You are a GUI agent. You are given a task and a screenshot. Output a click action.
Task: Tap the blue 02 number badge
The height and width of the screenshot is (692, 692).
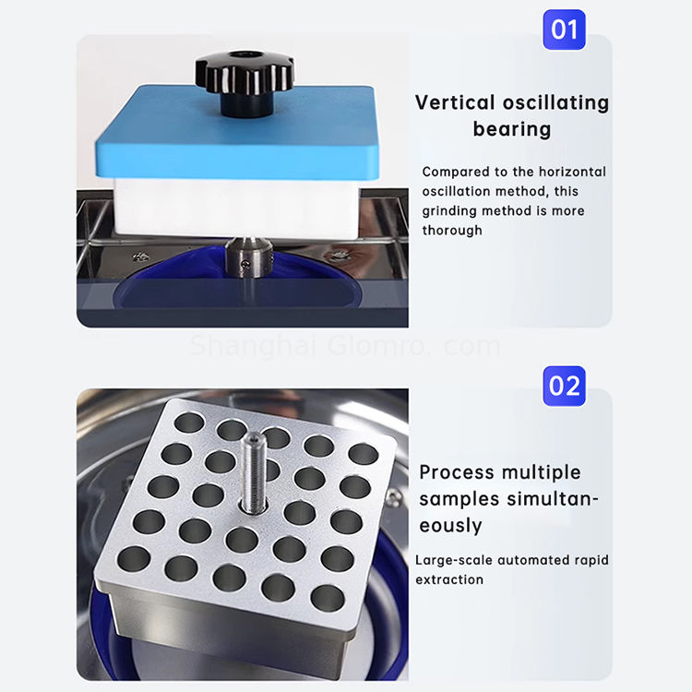click(564, 385)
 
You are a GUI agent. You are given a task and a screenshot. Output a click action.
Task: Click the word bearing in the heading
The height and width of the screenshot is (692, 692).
click(512, 129)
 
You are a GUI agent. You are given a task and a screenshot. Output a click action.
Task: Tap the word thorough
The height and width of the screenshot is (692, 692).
click(452, 230)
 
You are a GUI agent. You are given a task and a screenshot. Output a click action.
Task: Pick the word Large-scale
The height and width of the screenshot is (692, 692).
click(454, 560)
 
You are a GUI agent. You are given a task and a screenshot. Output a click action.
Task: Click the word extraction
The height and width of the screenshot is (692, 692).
click(449, 579)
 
